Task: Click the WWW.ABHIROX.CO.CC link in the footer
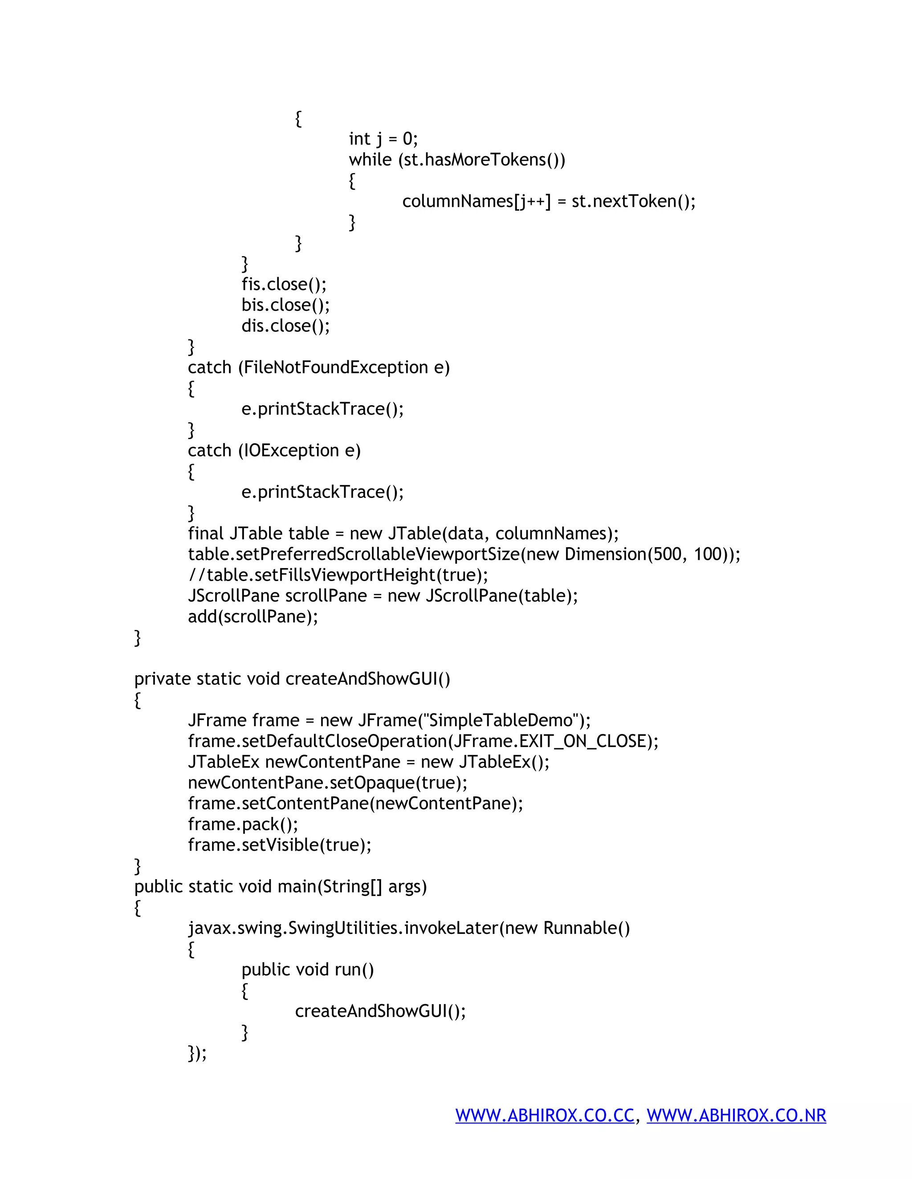(x=544, y=1115)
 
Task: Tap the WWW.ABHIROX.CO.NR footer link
(x=736, y=1115)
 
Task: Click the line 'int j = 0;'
(x=383, y=139)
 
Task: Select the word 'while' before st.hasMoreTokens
(x=370, y=160)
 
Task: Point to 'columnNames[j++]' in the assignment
(x=476, y=202)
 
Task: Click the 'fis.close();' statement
(x=284, y=284)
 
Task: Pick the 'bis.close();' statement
(x=285, y=305)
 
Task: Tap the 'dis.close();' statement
(x=285, y=326)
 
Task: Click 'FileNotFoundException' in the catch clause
(x=336, y=367)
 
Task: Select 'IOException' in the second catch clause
(x=291, y=450)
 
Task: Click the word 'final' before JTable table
(x=206, y=533)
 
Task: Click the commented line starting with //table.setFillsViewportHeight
(x=338, y=575)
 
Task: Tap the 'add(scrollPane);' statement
(x=253, y=617)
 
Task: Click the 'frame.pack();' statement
(x=243, y=824)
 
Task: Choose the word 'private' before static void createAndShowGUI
(x=163, y=678)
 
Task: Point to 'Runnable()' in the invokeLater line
(x=586, y=928)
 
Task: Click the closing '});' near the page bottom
(x=197, y=1053)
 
